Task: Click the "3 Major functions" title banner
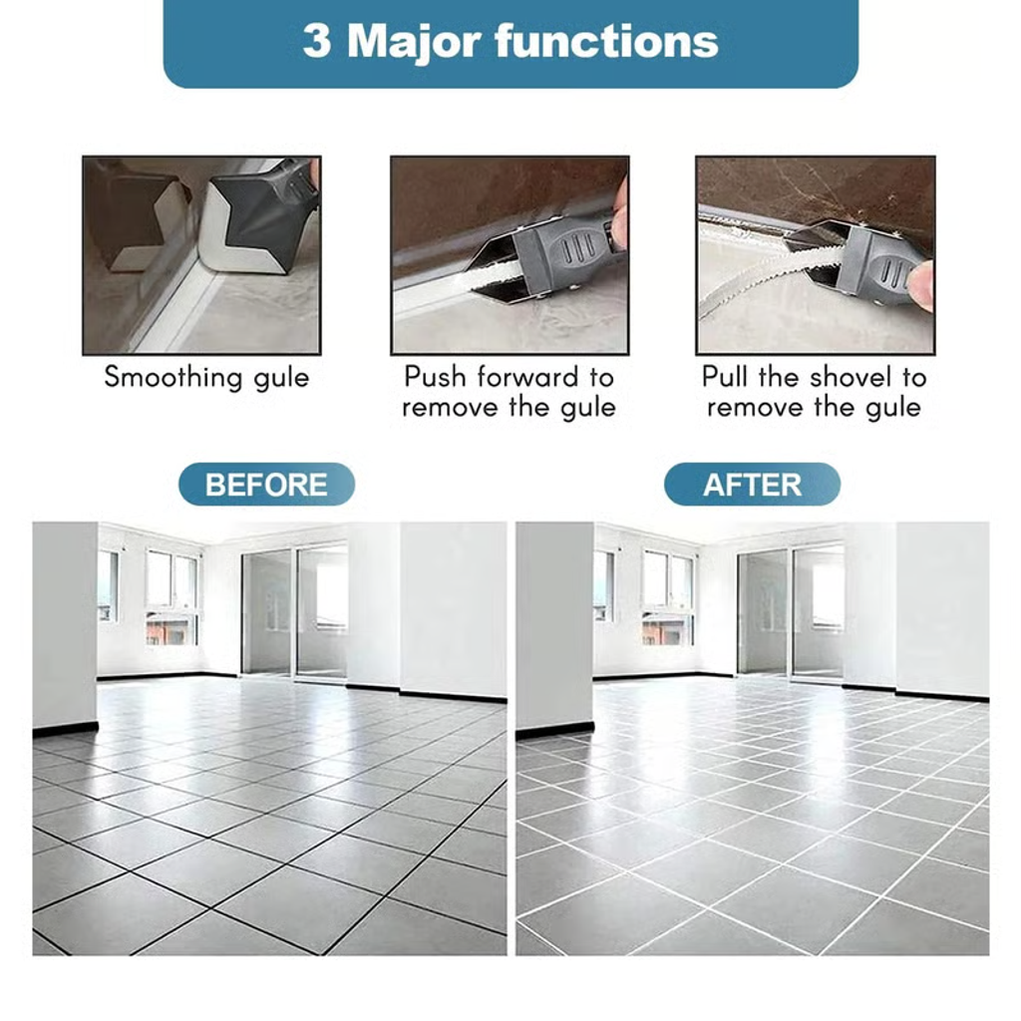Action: tap(510, 42)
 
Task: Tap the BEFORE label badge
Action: tap(266, 485)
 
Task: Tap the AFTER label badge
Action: tap(752, 485)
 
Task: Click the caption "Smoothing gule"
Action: tap(206, 378)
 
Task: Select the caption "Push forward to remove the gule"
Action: tap(509, 392)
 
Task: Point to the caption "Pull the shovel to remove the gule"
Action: tap(814, 392)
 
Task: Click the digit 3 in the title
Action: tap(316, 41)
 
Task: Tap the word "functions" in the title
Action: tap(607, 41)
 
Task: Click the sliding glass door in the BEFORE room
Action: tap(294, 612)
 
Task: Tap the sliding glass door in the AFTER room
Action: tap(791, 612)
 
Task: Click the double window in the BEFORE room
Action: tap(171, 596)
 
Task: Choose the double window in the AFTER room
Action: tap(668, 596)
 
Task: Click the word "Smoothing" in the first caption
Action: tap(173, 378)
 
